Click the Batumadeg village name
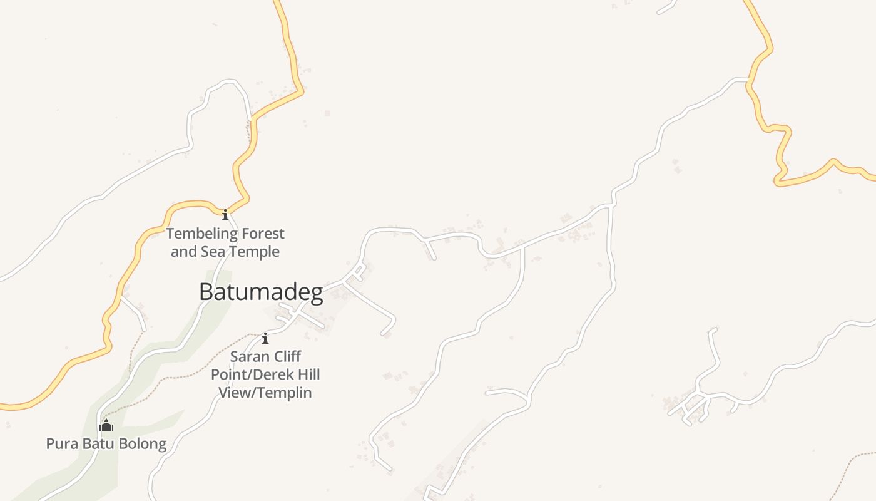coord(261,292)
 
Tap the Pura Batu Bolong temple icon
coord(106,426)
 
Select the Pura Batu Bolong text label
coord(106,444)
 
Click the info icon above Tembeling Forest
coord(225,215)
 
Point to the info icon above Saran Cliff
coord(265,338)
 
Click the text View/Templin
coord(265,393)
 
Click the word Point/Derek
coord(248,375)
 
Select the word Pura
coord(60,444)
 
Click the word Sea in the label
coord(211,252)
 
